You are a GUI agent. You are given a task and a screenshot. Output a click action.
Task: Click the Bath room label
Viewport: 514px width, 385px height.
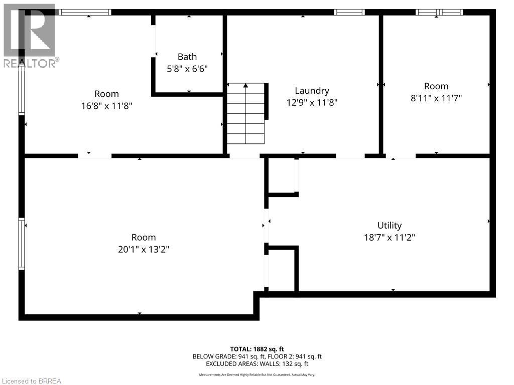[187, 57]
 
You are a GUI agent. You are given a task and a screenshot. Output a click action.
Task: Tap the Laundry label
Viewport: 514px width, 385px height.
[312, 91]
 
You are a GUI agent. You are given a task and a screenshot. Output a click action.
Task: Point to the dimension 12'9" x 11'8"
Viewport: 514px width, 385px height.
[312, 103]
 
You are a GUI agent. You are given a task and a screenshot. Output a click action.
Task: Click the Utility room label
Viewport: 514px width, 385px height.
[390, 226]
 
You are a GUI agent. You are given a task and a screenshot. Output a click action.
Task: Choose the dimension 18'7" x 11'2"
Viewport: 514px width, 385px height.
[390, 238]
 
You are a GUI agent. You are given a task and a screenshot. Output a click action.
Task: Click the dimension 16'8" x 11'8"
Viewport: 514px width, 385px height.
[106, 106]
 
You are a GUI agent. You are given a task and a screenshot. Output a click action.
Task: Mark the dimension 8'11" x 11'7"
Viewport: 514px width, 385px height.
[436, 98]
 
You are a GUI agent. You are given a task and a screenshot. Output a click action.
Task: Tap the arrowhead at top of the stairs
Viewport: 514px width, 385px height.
[245, 86]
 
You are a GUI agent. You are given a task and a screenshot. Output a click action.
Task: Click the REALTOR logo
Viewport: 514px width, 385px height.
[29, 36]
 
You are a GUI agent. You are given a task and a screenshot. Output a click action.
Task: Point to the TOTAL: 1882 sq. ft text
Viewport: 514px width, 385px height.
[257, 349]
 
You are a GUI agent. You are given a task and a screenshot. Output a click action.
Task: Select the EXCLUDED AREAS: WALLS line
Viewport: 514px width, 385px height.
[257, 363]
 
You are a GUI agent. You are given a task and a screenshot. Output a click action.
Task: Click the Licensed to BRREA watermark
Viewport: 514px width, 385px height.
[31, 381]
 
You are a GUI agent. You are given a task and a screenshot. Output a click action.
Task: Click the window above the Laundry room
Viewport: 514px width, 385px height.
[349, 12]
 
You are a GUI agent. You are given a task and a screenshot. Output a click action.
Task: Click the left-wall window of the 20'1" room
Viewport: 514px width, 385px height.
[22, 244]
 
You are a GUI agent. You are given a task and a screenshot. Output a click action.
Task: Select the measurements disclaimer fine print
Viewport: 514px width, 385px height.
[257, 374]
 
